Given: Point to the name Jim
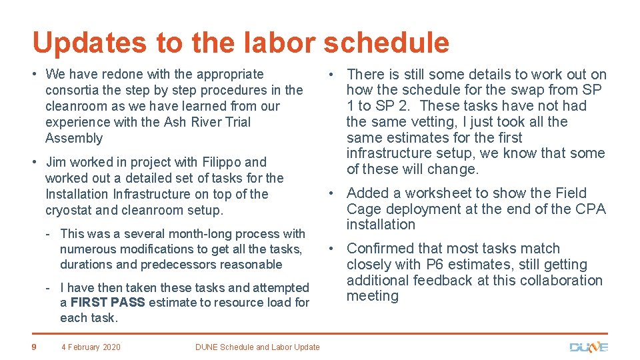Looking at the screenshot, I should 56,162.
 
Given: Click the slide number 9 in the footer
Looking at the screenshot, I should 35,346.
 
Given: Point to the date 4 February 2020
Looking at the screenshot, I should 91,347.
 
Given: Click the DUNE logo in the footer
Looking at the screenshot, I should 589,347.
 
